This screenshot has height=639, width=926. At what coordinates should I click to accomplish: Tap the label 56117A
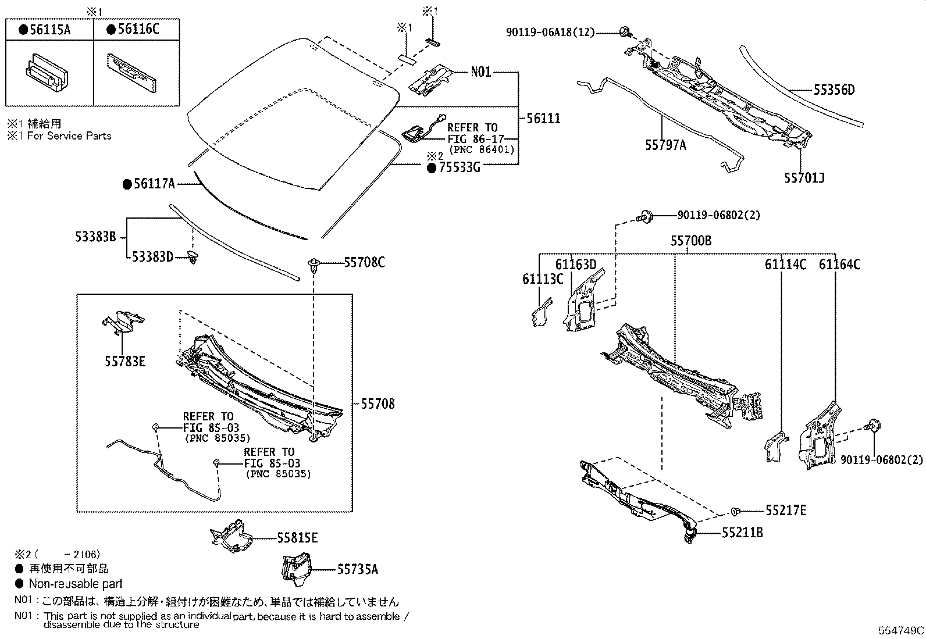coord(153,184)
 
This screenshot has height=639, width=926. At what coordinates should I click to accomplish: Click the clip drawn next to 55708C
coord(315,265)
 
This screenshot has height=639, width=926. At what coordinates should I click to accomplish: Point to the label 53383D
coord(152,256)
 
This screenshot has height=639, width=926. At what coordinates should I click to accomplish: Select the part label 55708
coord(377,404)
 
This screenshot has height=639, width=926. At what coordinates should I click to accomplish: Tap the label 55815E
coord(297,538)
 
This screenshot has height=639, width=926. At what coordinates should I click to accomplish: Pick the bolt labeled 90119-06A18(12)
coord(625,32)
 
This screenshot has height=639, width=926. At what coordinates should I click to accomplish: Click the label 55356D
coord(834,90)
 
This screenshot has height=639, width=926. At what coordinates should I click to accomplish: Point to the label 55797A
coord(665,145)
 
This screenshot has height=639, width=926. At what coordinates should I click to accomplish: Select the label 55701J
coord(804,178)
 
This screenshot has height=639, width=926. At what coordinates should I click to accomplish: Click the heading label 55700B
coord(691,241)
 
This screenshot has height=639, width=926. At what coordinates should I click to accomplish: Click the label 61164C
coord(839,265)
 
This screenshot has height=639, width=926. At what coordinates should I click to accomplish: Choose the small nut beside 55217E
coord(736,511)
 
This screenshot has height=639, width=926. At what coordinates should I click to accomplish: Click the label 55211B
coord(743,532)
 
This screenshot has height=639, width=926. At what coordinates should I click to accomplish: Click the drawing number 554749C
coord(901,630)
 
